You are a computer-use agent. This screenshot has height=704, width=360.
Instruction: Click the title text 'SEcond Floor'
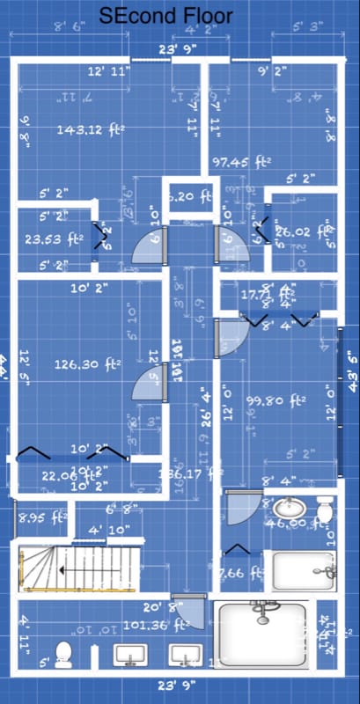point(180,16)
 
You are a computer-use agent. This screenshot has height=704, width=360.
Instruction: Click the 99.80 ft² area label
point(276,400)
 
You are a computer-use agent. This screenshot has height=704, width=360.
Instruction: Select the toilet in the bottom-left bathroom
point(62,654)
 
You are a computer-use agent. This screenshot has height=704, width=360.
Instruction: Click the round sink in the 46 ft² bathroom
point(287,509)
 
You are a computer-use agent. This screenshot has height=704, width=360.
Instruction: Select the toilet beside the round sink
point(324,510)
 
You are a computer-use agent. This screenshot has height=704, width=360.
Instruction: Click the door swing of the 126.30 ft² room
point(144,384)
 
